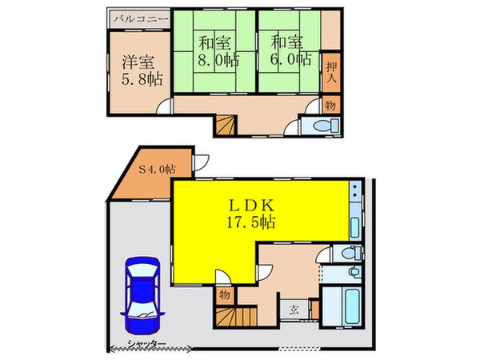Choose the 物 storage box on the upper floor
coord(330,105)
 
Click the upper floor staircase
coord(225,124)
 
